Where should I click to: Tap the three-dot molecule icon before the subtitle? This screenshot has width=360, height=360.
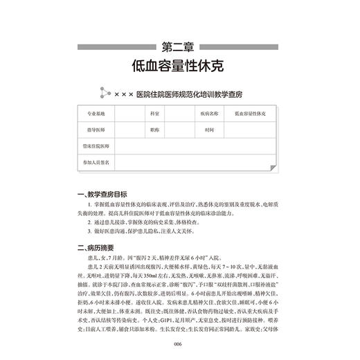(x=105, y=92)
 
